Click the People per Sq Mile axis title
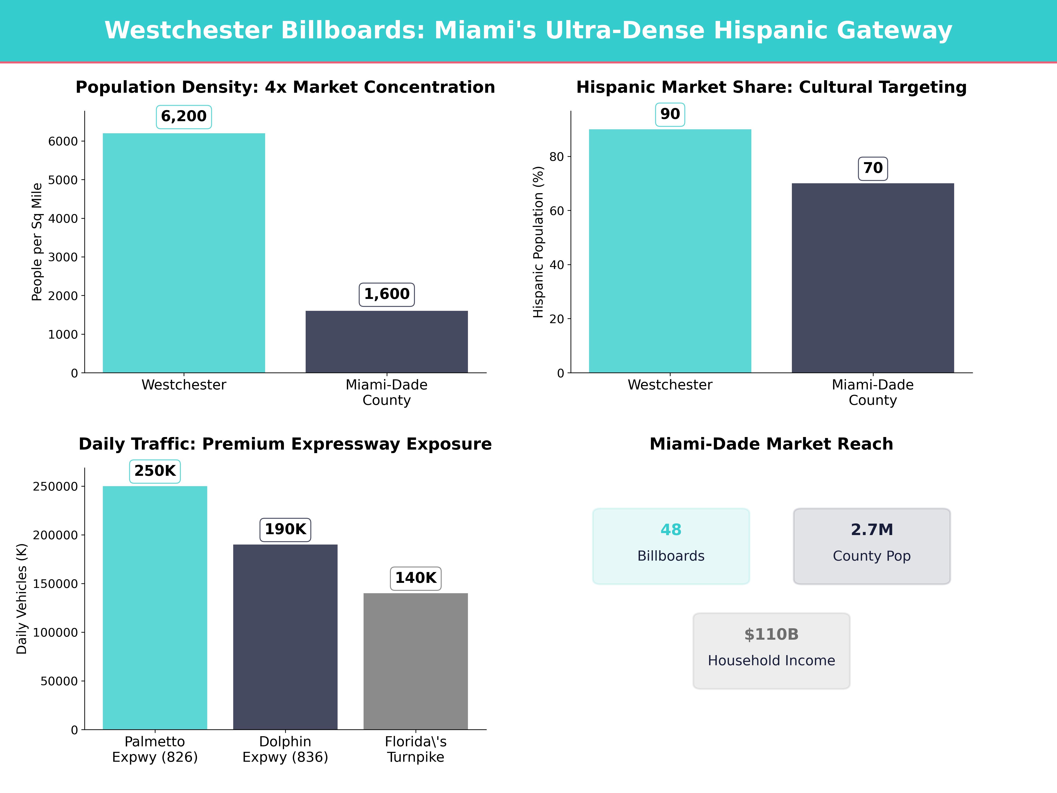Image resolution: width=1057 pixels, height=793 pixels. pyautogui.click(x=37, y=242)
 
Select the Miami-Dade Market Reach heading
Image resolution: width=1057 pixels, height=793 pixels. pyautogui.click(x=771, y=444)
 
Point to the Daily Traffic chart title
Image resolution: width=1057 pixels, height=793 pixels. pyautogui.click(x=285, y=444)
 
